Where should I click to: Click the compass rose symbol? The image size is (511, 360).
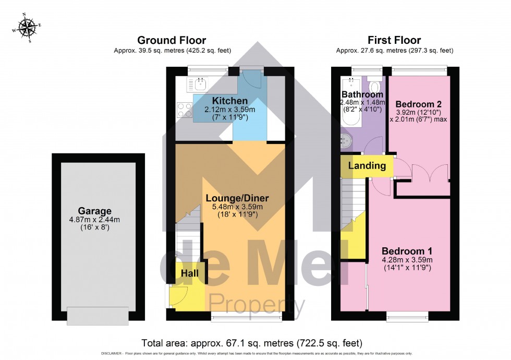click(x=26, y=28)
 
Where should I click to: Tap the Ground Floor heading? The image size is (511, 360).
click(x=172, y=40)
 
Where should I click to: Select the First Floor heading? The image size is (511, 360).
click(x=394, y=40)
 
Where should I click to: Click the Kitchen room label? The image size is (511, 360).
click(x=230, y=100)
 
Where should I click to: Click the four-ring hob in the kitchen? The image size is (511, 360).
click(x=185, y=110)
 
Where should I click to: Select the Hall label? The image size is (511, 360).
click(x=190, y=273)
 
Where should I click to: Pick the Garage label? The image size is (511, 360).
click(x=95, y=211)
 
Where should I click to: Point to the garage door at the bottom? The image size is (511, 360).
click(x=98, y=315)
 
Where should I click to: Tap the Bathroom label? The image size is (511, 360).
click(x=362, y=94)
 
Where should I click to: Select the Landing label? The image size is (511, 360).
click(x=367, y=166)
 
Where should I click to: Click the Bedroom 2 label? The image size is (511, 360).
click(x=418, y=102)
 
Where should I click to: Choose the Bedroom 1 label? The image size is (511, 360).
click(x=406, y=250)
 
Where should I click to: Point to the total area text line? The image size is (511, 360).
click(x=251, y=343)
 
